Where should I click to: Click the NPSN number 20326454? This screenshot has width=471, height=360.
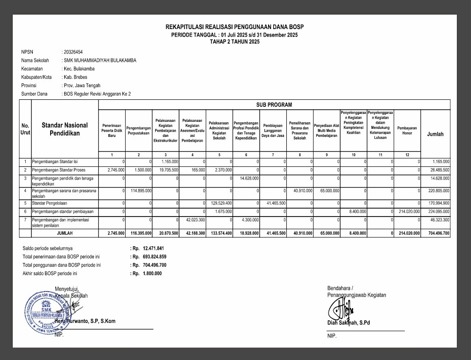point(73,52)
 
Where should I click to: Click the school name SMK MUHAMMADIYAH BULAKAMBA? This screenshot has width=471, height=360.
point(100,60)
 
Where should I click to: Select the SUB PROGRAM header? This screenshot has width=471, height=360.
point(274,105)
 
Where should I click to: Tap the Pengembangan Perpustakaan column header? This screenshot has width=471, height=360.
point(139,130)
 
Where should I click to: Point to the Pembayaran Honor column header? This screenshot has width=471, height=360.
point(407,130)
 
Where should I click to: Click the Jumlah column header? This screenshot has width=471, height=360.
point(435,135)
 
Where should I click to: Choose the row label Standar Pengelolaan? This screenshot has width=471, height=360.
point(49,203)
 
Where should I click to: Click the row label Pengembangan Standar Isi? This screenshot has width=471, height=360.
point(52,162)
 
